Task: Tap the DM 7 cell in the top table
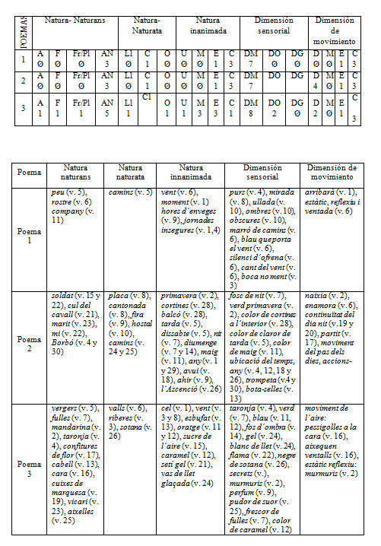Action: click(249, 60)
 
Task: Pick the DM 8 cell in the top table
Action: click(249, 110)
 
